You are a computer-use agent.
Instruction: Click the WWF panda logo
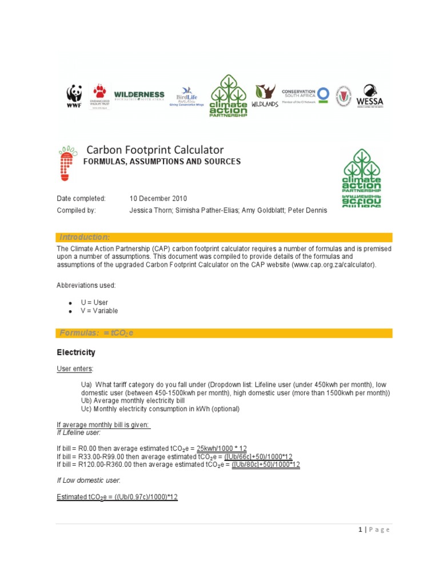[x=74, y=95]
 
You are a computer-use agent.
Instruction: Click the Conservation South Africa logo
[x=306, y=95]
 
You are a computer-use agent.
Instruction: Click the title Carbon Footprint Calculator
[x=155, y=150]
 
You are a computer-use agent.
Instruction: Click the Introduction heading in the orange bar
[x=85, y=237]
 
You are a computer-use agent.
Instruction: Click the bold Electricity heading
[x=76, y=352]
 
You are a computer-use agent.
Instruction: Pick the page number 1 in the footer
[x=360, y=530]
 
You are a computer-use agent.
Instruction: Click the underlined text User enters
[x=75, y=369]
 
